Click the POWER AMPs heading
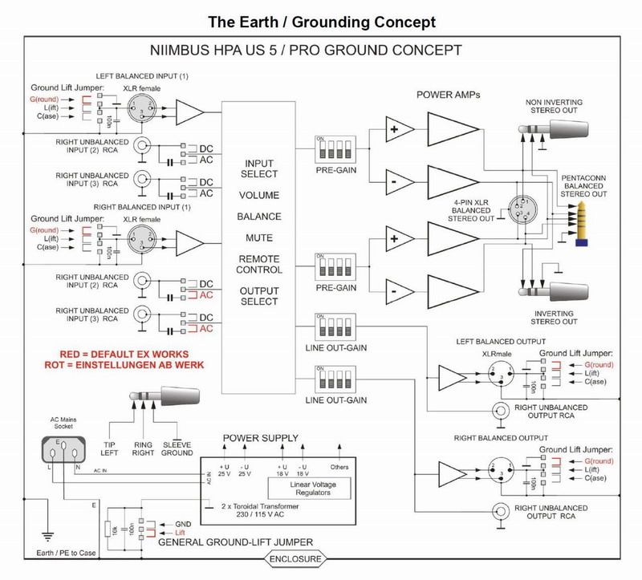point(445,95)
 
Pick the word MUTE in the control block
point(258,238)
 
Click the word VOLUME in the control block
point(258,195)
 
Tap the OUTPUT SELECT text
point(258,295)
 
